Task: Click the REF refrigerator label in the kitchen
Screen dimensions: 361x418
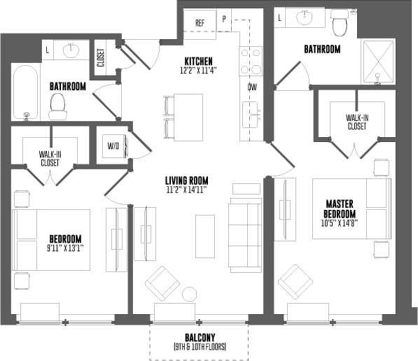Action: tap(200, 22)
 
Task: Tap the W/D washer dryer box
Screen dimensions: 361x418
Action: tap(112, 147)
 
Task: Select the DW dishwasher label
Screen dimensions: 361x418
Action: tap(251, 87)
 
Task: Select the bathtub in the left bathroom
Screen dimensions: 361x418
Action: tap(26, 94)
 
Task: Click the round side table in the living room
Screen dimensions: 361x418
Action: tap(189, 295)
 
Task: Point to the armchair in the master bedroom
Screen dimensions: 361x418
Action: tap(294, 282)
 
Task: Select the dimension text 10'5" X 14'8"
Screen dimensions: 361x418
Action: tap(339, 225)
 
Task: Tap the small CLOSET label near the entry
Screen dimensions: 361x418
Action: tap(101, 58)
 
